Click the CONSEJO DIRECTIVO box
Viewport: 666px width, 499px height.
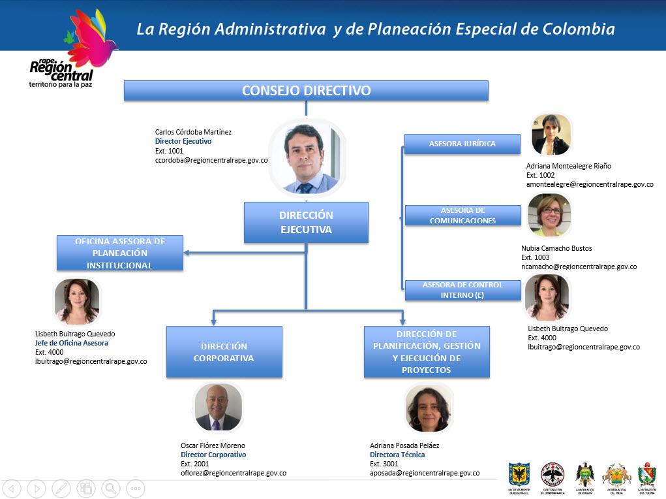coord(306,91)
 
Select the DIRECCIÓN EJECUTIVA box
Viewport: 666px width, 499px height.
coord(306,222)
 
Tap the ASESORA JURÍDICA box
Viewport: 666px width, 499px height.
coord(462,144)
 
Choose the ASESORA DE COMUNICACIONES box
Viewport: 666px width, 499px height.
coord(462,216)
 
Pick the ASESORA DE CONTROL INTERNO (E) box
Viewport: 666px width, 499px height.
coord(462,290)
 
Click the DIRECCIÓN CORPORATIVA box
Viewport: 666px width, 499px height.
coord(224,352)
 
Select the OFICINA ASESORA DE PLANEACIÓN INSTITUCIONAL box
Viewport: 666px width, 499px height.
coord(119,253)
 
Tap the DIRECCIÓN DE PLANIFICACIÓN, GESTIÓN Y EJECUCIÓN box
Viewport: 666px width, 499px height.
coord(427,352)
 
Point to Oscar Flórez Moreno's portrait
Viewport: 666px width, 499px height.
coord(218,407)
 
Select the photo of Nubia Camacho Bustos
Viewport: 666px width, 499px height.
coord(549,215)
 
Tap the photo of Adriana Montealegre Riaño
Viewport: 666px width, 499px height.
coord(551,135)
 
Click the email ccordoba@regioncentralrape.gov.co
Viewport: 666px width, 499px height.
coord(212,160)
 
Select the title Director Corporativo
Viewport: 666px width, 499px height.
coord(213,455)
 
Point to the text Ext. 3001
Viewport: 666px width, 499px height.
coord(384,464)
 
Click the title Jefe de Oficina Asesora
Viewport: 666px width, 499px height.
coord(72,343)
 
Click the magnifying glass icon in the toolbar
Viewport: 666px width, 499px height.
coord(110,488)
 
